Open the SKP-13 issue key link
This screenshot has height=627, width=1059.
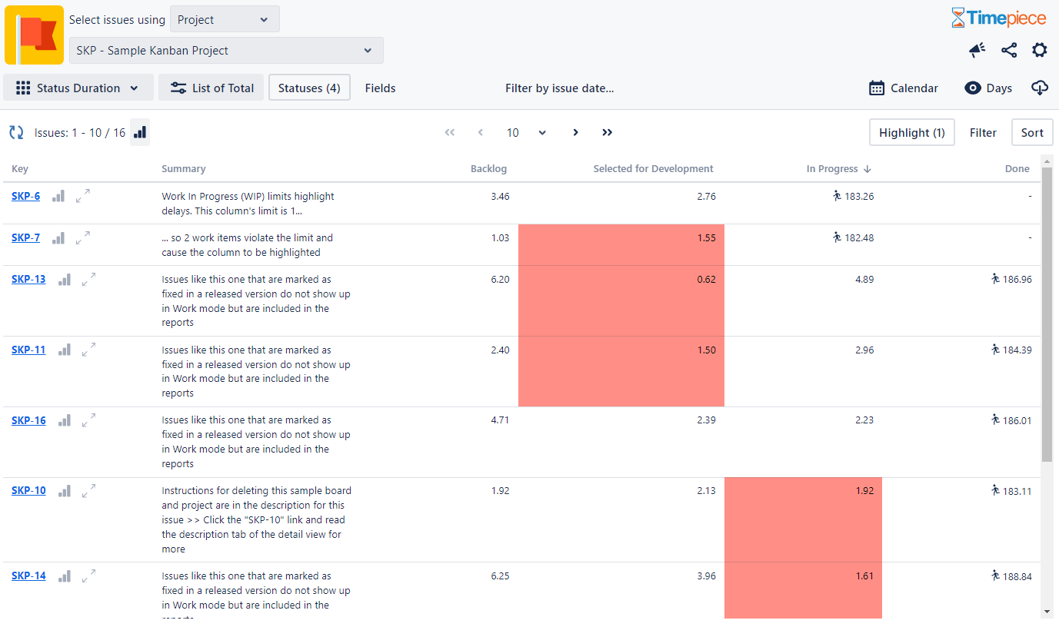tap(28, 280)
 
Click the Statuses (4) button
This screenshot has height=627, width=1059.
tap(309, 88)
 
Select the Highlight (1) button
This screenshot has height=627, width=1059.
tap(911, 133)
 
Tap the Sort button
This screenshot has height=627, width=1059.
tap(1031, 133)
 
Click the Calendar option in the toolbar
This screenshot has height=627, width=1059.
tap(904, 88)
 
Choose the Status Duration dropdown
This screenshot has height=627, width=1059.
tap(78, 88)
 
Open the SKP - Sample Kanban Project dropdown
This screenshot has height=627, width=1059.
tap(226, 51)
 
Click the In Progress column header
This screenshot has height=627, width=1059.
tap(832, 169)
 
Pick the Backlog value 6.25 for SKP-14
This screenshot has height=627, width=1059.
tap(500, 576)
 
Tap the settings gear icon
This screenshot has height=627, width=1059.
tap(1039, 51)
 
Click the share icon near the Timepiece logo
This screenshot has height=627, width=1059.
tap(1009, 51)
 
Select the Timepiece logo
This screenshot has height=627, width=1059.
tap(998, 18)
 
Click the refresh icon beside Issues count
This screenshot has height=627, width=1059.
tap(16, 133)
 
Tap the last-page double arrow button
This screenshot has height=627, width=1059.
tap(607, 133)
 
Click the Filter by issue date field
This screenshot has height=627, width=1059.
tap(559, 88)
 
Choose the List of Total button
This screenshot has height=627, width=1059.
tap(211, 88)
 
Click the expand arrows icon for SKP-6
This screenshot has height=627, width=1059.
tap(83, 197)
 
